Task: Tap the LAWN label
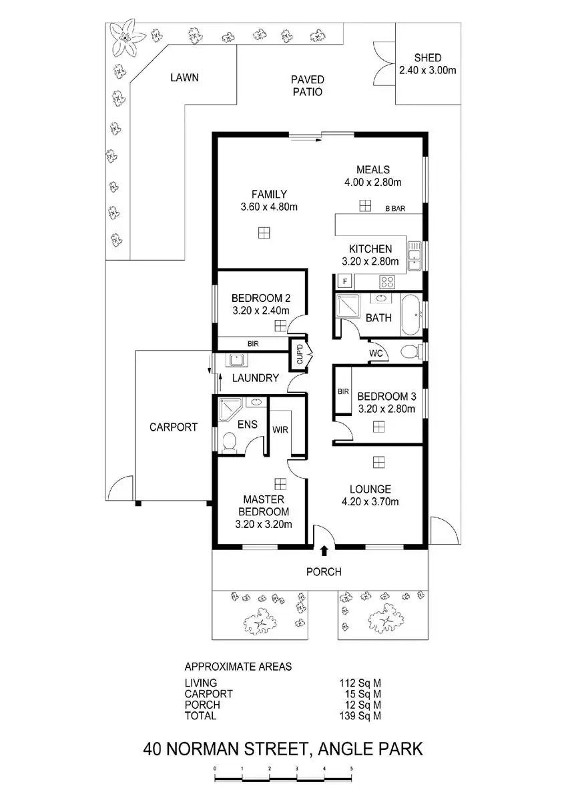click(184, 78)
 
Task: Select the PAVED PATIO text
click(306, 86)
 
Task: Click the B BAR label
click(395, 209)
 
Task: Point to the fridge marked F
click(345, 281)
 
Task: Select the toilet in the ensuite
click(228, 442)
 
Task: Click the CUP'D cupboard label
click(299, 353)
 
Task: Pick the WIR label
click(280, 429)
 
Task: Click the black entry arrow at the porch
click(324, 551)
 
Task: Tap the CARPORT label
click(173, 427)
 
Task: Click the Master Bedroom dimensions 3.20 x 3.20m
click(264, 524)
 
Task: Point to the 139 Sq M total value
click(360, 716)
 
